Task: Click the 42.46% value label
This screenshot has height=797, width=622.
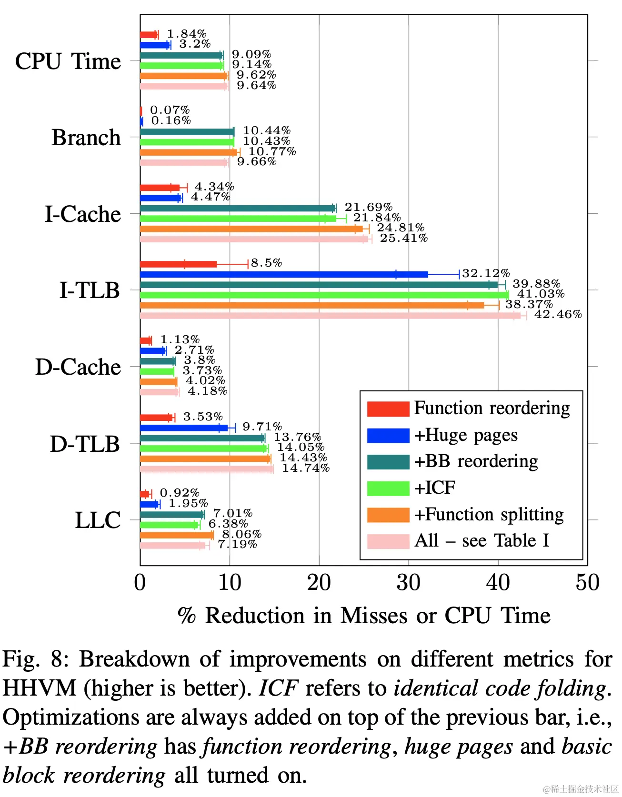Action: point(558,314)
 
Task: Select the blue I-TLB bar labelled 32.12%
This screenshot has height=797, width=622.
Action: point(284,274)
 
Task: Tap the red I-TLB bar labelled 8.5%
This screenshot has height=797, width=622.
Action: point(179,264)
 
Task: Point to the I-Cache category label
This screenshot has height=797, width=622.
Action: point(83,214)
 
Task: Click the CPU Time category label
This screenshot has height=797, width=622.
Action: point(68,61)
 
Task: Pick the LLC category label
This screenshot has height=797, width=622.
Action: point(98,520)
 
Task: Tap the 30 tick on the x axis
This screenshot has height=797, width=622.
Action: point(408,583)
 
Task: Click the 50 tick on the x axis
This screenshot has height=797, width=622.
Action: point(587,583)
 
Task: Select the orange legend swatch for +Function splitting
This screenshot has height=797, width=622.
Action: point(388,515)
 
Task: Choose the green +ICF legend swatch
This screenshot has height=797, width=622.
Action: point(388,488)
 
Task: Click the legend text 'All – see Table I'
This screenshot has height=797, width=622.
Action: point(482,541)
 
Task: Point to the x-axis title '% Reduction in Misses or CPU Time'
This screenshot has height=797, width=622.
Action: point(364,616)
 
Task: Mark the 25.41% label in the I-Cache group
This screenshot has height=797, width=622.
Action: point(403,238)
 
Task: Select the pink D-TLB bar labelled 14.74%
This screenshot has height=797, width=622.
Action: point(207,469)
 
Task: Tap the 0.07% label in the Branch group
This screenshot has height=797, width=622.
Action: point(170,110)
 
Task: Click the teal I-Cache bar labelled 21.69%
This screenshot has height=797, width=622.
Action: point(238,208)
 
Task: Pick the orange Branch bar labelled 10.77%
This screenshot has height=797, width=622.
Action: point(188,152)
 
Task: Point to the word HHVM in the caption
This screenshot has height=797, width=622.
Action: point(40,689)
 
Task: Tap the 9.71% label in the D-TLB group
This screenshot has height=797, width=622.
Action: point(262,427)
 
